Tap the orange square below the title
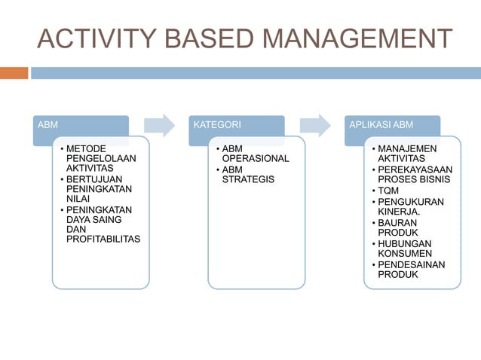tap(14, 73)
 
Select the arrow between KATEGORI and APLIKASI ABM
tap(315, 124)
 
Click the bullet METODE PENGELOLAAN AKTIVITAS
tap(97, 159)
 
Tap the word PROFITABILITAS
tap(103, 239)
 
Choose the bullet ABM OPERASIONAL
tap(255, 154)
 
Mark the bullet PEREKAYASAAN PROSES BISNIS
tap(414, 175)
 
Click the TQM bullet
tap(390, 191)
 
